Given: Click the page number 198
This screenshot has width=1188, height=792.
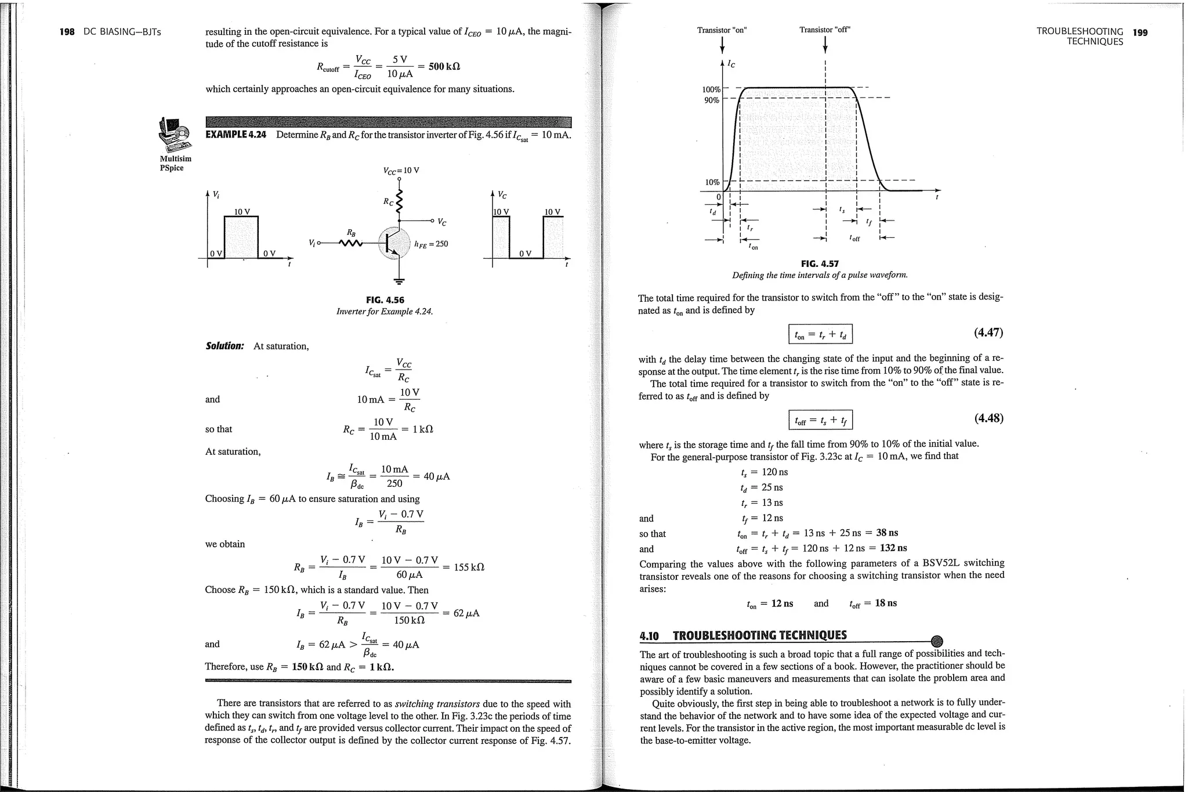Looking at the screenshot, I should (67, 32).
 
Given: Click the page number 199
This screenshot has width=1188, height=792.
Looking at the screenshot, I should (1140, 32).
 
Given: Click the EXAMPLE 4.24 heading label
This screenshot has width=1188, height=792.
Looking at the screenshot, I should (236, 135).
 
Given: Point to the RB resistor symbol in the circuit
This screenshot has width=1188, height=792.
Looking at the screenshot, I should (350, 243).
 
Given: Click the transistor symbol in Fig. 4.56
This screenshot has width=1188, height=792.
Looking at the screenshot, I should (394, 243).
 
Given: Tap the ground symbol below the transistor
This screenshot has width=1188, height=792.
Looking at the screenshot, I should (399, 282).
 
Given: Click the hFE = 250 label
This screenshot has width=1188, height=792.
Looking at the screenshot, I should (431, 244).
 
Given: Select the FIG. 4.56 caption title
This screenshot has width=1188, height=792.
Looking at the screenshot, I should (385, 300).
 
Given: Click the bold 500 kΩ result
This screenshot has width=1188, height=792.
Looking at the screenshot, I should (444, 66).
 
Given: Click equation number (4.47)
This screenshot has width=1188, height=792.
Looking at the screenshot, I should (988, 332).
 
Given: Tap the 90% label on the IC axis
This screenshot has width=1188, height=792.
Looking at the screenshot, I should (711, 100).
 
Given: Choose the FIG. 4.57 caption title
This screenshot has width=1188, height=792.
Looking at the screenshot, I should (820, 263).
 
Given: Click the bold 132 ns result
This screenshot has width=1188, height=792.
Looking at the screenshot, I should (893, 548).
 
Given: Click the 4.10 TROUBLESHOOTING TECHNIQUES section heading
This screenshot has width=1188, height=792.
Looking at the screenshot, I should (743, 635).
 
